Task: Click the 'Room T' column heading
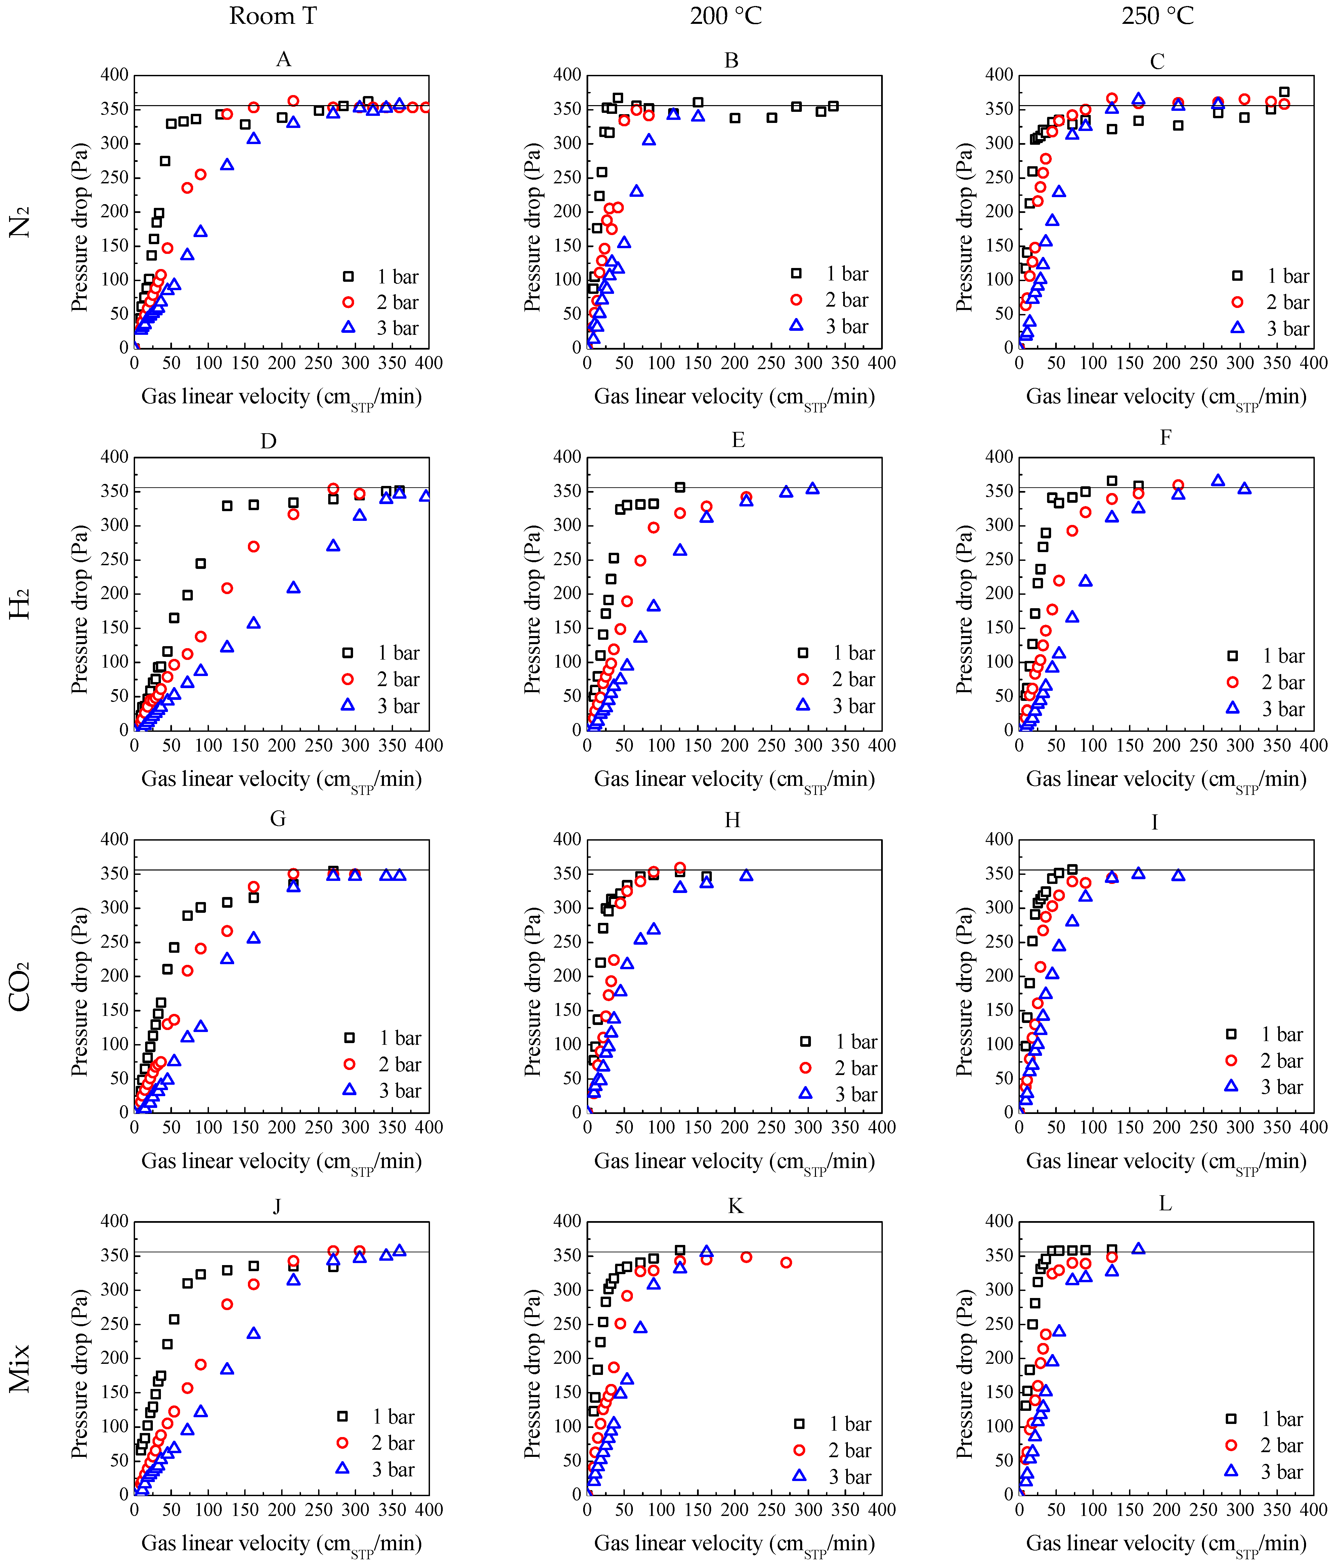[273, 16]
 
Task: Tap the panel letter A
[284, 60]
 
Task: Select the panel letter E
[738, 440]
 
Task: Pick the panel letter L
[1166, 1203]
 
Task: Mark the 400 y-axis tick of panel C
[999, 75]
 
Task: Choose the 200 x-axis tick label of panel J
[282, 1510]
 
